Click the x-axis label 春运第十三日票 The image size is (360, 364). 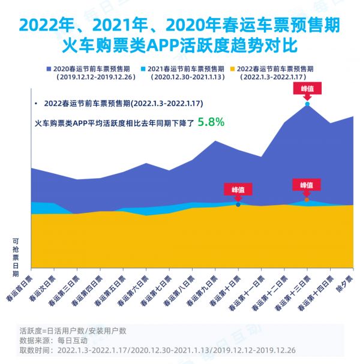pos(294,292)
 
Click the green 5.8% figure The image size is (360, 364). pos(212,122)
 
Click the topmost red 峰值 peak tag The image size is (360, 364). pos(307,88)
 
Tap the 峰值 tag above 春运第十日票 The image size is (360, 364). pos(238,189)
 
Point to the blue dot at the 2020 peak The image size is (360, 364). pos(307,104)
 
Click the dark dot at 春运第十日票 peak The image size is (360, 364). pos(238,204)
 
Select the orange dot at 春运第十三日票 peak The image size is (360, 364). pos(307,199)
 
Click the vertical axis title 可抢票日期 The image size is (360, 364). pos(16,257)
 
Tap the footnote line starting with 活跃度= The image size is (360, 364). pos(73,330)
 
